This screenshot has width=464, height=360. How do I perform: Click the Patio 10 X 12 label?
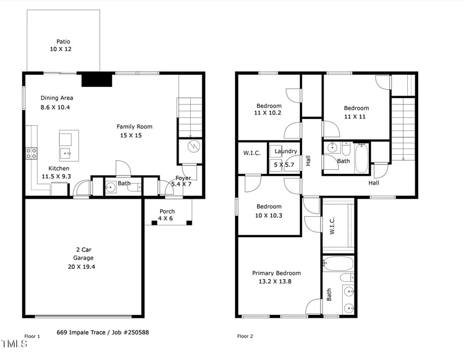[x=61, y=45]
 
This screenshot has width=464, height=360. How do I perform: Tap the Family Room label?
[x=135, y=126]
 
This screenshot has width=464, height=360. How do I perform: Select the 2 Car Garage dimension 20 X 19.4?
[x=81, y=267]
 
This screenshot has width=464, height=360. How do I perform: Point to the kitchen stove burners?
[x=31, y=153]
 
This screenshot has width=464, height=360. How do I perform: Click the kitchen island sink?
[x=66, y=154]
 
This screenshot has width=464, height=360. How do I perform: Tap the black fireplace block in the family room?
[x=97, y=80]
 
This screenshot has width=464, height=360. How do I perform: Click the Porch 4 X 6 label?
[x=166, y=215]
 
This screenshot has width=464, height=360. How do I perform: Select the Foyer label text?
[x=183, y=178]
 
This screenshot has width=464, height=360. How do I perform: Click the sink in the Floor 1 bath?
[x=111, y=187]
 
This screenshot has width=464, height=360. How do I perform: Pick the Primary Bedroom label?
[x=277, y=273]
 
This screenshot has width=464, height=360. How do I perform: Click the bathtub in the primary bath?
[x=338, y=263]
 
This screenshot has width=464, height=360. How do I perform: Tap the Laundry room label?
[x=285, y=151]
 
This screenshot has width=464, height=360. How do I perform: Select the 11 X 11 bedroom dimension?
[x=355, y=117]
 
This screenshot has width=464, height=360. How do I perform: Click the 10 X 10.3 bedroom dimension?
[x=269, y=216]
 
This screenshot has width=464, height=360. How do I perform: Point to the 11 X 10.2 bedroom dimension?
[x=267, y=112]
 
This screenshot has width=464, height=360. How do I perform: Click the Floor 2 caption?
[x=245, y=336]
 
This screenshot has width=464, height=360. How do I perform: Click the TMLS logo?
[x=14, y=344]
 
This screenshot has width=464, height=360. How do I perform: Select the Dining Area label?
[x=57, y=98]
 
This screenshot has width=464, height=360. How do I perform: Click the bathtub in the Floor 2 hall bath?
[x=361, y=158]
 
